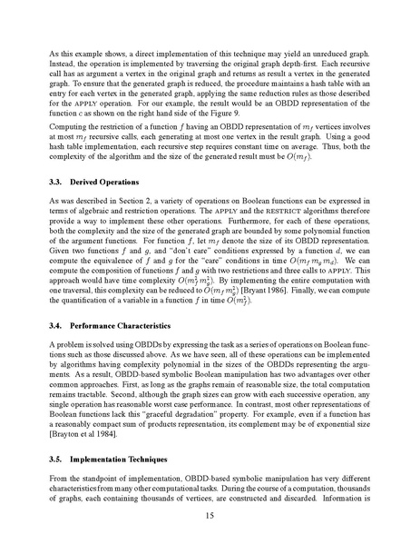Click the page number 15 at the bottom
pos(210,512)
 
